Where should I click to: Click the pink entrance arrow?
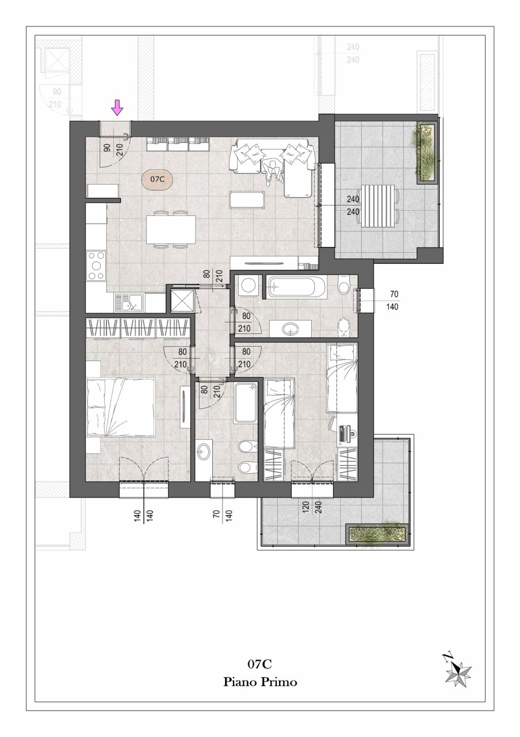point(117,108)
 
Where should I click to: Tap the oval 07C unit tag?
point(157,179)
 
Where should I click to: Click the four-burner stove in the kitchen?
point(96,265)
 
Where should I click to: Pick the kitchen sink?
point(129,303)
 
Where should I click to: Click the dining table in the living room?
point(171,229)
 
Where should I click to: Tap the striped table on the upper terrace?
point(378,206)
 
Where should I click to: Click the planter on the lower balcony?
point(376,535)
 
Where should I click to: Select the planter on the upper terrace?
point(427,153)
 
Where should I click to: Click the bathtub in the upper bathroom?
point(296,287)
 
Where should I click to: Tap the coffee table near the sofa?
point(247,200)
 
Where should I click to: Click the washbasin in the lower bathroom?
point(204,453)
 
